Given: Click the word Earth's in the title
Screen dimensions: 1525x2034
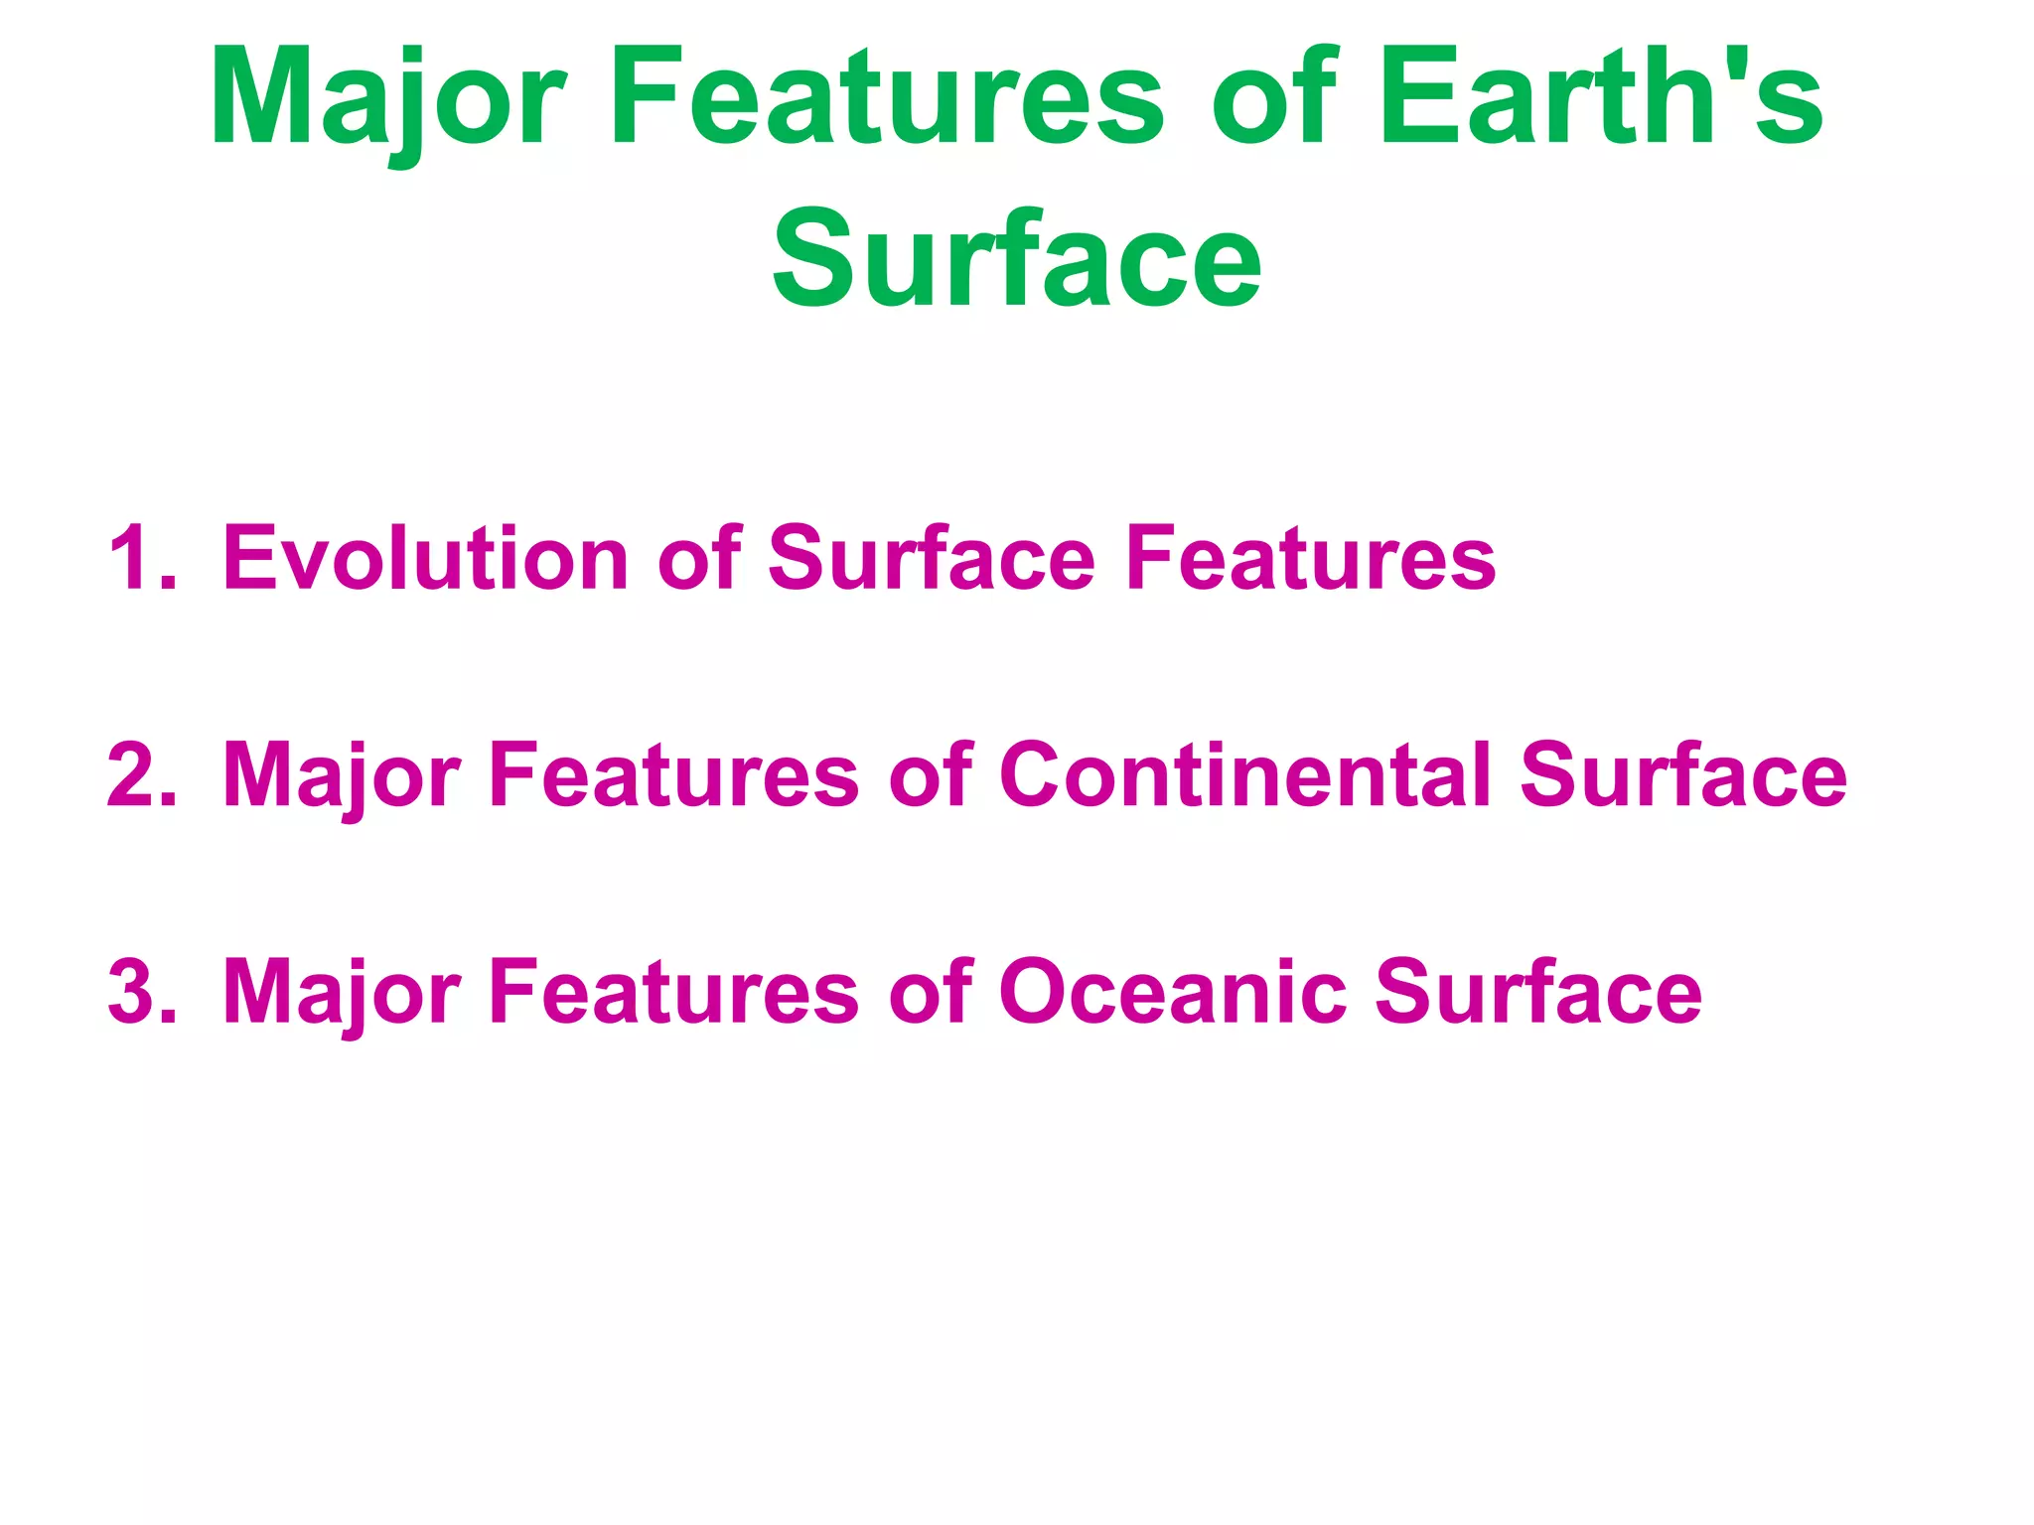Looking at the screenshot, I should click(1600, 98).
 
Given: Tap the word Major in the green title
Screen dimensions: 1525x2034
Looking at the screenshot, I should click(387, 98).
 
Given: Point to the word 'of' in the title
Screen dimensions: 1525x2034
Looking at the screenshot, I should click(1277, 98).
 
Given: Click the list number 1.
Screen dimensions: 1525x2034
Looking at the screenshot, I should click(140, 559).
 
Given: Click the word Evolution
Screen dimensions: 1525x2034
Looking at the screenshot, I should click(425, 559).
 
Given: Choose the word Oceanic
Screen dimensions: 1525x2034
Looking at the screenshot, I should click(1173, 991).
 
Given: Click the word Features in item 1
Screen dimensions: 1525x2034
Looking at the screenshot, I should click(1309, 559).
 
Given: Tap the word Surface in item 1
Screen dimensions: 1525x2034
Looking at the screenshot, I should click(931, 559).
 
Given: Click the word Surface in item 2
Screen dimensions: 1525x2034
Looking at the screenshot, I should click(1682, 775).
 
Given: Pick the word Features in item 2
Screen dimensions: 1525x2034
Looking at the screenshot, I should click(673, 775).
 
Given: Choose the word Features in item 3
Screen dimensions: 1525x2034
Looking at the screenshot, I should click(673, 991).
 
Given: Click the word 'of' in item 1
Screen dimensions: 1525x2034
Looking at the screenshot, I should click(699, 559).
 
